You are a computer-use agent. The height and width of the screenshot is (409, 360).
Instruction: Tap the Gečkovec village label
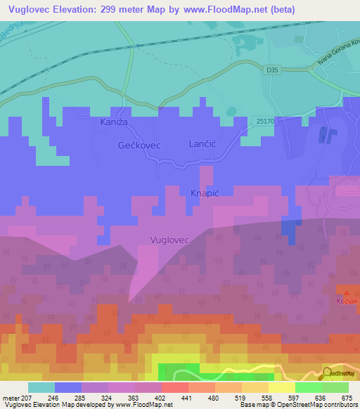(x=139, y=145)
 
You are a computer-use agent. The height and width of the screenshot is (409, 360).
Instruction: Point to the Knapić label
(x=205, y=192)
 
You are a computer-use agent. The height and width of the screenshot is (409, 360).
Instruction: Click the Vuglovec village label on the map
(x=170, y=240)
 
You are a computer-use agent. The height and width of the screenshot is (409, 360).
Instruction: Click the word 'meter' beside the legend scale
(x=11, y=397)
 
